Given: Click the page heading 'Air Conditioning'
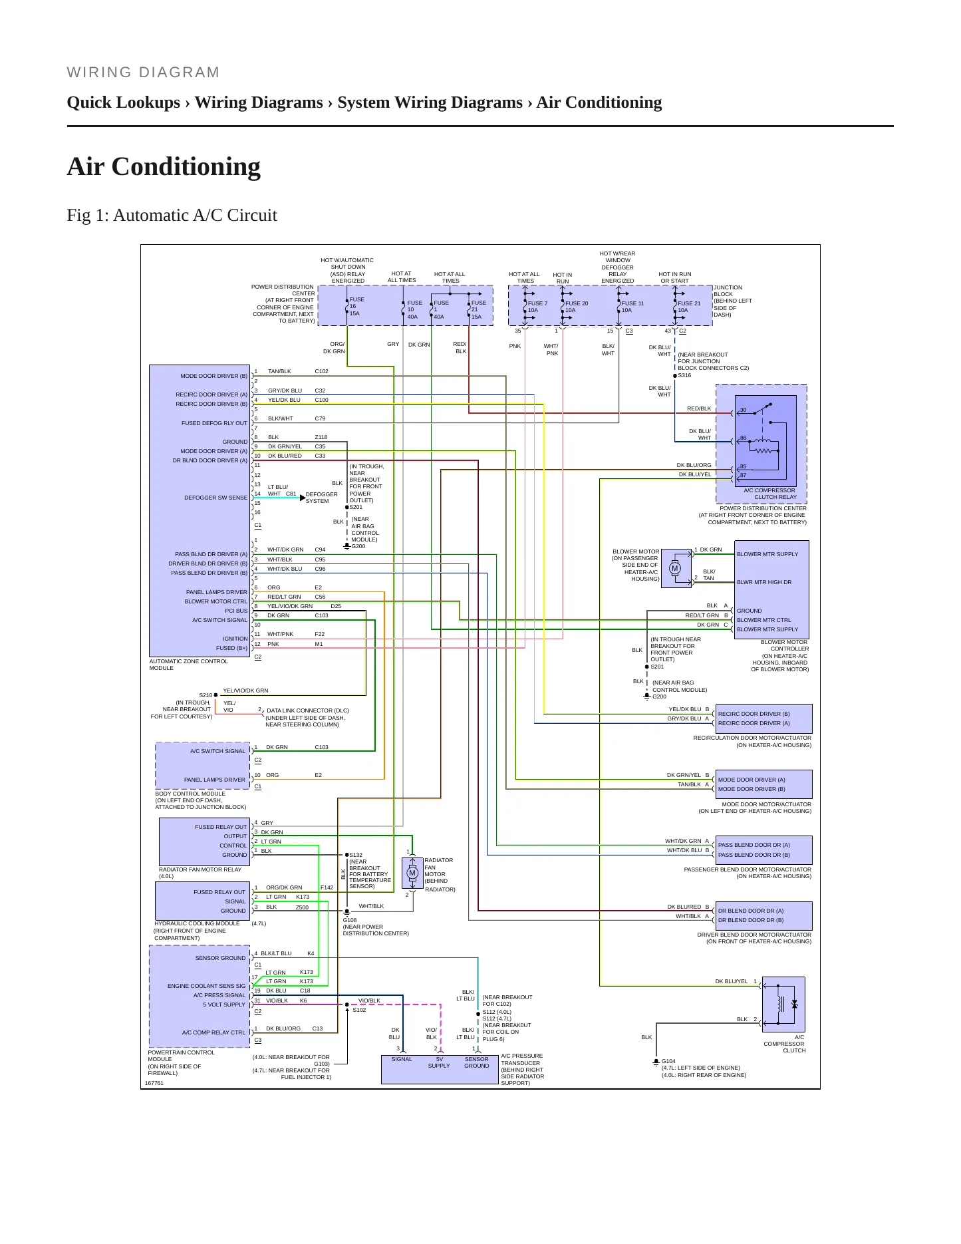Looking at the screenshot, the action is (x=164, y=166).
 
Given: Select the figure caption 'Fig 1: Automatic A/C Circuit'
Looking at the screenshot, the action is (x=172, y=216).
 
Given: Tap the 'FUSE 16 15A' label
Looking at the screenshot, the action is (x=356, y=307).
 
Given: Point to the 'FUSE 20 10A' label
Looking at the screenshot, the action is (x=576, y=307).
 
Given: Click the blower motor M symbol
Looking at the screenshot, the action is (x=675, y=568).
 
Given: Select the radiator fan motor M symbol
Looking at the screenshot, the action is (x=412, y=873).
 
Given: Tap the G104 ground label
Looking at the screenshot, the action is (x=668, y=1061).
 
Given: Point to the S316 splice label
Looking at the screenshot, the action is (x=684, y=375).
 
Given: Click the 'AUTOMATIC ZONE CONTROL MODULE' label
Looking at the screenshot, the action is (x=188, y=665).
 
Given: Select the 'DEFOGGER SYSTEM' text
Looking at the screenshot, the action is (x=321, y=498).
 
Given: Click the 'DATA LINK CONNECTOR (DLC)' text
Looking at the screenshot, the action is (x=308, y=710).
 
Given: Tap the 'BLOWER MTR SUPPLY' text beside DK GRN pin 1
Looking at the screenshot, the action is (x=767, y=554).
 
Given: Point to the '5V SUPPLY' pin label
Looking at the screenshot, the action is (x=439, y=1062).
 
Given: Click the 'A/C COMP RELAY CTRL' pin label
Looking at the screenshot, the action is (x=213, y=1032).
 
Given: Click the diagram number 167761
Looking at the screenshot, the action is (x=154, y=1083).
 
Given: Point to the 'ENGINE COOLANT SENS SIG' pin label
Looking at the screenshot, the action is (x=206, y=986).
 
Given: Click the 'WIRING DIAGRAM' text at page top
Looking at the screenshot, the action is (x=143, y=73).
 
